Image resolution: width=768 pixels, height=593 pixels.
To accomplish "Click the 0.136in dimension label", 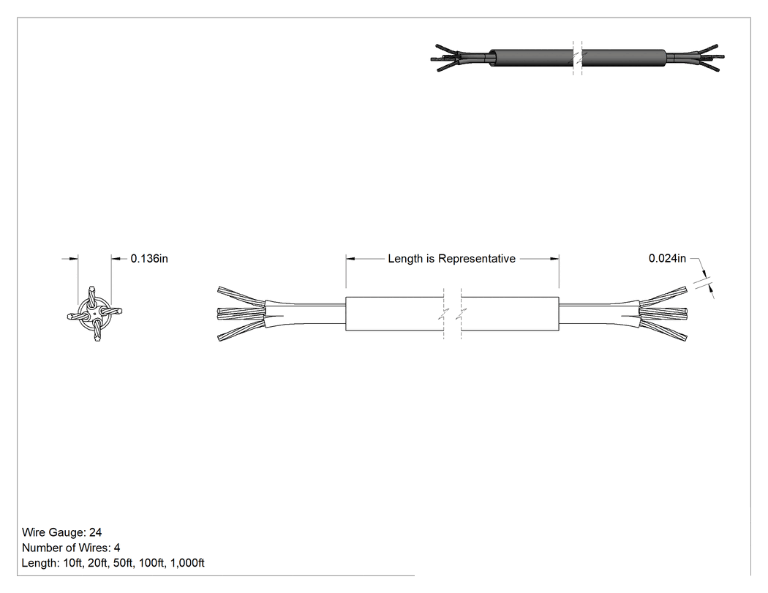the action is [x=149, y=259].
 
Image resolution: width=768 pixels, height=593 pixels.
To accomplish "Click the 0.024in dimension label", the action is [x=667, y=258].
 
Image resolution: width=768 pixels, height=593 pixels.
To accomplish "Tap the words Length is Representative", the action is [x=451, y=259].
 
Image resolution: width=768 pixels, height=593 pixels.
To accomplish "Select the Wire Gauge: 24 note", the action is [x=61, y=532].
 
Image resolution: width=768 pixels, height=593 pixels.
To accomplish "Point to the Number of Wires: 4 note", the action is [x=71, y=548].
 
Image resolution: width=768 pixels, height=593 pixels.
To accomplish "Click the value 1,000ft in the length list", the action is [x=187, y=563].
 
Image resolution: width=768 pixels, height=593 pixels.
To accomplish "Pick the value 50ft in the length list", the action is [x=123, y=563].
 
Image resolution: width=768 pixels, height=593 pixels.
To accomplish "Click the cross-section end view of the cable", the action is [x=94, y=314].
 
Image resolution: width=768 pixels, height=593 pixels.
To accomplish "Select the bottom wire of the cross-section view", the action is [x=97, y=331].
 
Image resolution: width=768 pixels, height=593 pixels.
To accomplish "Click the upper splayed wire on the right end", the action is [x=663, y=295].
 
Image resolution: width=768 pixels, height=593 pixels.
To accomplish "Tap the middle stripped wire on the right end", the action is [x=663, y=312].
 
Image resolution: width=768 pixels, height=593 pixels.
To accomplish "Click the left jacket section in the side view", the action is [x=395, y=314].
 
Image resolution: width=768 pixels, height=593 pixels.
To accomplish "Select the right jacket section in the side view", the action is [x=510, y=314].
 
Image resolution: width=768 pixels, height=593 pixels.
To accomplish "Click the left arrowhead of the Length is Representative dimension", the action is [x=350, y=259].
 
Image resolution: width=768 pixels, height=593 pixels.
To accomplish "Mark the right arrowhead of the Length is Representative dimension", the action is [x=554, y=259].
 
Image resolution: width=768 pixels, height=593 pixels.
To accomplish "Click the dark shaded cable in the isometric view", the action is [x=578, y=58].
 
